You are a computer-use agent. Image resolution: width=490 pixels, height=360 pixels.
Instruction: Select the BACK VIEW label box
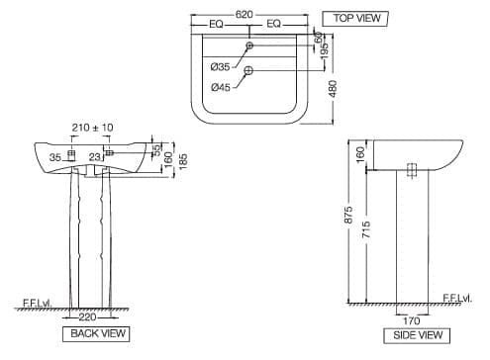pyautogui.click(x=97, y=334)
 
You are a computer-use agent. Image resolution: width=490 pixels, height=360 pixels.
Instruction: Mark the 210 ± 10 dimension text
pyautogui.click(x=93, y=128)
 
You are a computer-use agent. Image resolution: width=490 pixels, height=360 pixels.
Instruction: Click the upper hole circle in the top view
pyautogui.click(x=249, y=46)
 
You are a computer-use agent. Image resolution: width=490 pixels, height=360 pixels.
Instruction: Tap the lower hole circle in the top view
pyautogui.click(x=249, y=69)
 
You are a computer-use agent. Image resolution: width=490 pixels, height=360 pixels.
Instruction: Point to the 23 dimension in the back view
pyautogui.click(x=94, y=155)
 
